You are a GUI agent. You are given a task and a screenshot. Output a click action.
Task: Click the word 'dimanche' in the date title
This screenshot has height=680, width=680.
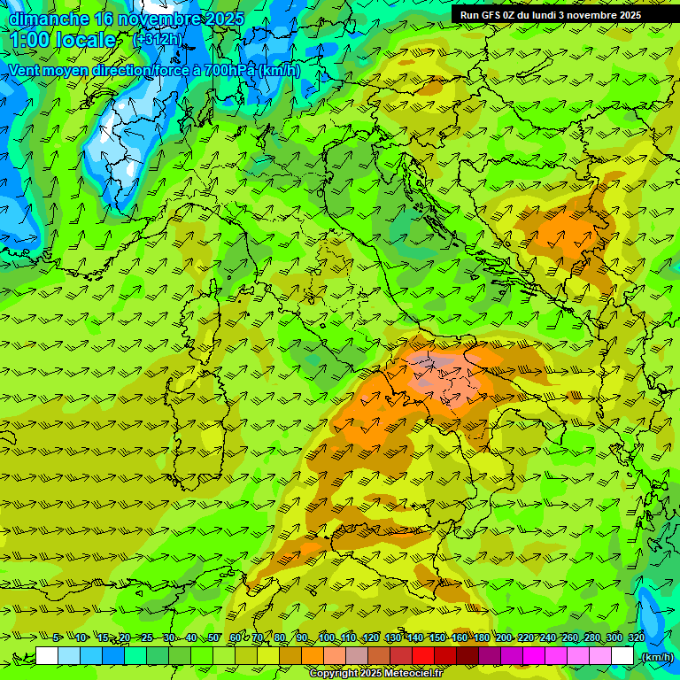coord(48,19)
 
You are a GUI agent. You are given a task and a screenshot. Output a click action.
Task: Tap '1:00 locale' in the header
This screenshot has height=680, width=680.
coord(63,40)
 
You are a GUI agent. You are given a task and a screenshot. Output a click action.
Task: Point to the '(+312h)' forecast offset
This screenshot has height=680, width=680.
coord(158,40)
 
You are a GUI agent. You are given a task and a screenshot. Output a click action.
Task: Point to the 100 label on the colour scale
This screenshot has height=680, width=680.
coord(326,637)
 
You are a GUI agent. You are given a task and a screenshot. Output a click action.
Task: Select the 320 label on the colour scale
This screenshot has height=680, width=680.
coord(635,637)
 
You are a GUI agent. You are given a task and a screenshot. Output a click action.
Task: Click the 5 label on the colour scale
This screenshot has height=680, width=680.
coord(58,637)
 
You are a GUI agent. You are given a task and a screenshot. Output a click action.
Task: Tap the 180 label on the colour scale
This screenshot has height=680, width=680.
coord(480,637)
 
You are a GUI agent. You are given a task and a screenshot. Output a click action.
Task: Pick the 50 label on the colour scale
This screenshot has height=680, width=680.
coord(213,637)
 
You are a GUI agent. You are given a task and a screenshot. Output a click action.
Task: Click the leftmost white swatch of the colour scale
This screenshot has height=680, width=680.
coord(47,656)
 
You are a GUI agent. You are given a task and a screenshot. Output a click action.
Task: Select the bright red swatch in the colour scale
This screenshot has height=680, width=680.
coord(423,656)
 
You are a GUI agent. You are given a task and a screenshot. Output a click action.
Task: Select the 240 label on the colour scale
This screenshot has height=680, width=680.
coord(546,637)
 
